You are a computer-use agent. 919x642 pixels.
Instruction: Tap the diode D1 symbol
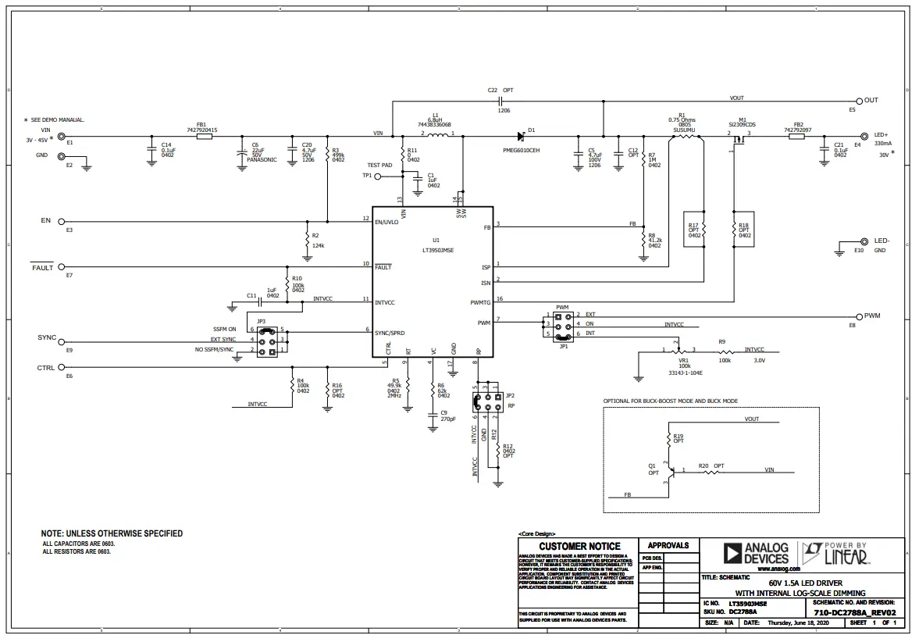pos(519,136)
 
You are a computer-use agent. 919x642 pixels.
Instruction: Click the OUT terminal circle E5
pos(860,101)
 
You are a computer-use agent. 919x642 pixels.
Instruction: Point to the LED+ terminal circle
pos(864,135)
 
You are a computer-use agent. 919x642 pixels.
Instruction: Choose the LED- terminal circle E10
pos(864,242)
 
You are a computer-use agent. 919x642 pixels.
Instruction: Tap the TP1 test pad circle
pos(378,177)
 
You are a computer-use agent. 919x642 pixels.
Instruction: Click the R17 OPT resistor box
pos(693,228)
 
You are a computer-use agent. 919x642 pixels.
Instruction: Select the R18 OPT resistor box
pos(743,228)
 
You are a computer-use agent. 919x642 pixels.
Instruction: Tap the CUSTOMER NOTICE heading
pos(579,546)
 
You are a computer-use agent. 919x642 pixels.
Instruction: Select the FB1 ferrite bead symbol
pos(203,136)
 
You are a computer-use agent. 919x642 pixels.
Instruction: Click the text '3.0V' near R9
pos(759,361)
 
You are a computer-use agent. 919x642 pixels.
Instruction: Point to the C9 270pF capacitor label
pos(447,416)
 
